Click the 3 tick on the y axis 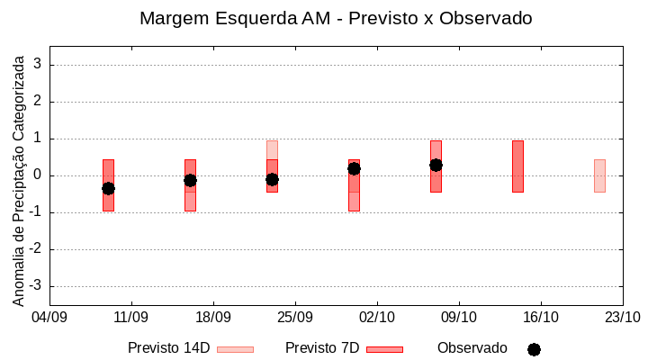[x=39, y=65]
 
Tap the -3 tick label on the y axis [x=36, y=286]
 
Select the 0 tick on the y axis [x=39, y=175]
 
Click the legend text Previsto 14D [x=168, y=348]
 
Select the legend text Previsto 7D [x=322, y=348]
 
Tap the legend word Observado [x=472, y=348]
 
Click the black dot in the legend [x=534, y=349]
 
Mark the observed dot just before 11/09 [x=108, y=188]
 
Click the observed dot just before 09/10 [x=436, y=165]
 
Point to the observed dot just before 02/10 [x=354, y=168]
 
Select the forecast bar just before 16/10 [x=517, y=166]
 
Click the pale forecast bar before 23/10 [x=599, y=175]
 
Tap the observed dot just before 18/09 [x=190, y=180]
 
